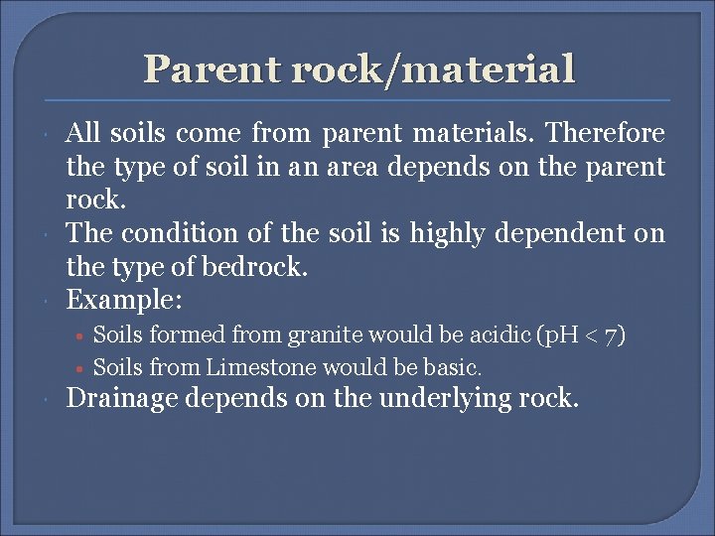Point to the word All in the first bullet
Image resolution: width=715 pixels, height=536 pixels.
81,134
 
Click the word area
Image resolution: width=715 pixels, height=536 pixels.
348,167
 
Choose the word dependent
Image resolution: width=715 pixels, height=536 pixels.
575,233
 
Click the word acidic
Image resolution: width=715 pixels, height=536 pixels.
492,335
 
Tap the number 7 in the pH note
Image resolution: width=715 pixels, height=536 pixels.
612,335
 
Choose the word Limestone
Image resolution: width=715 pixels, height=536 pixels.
258,367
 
